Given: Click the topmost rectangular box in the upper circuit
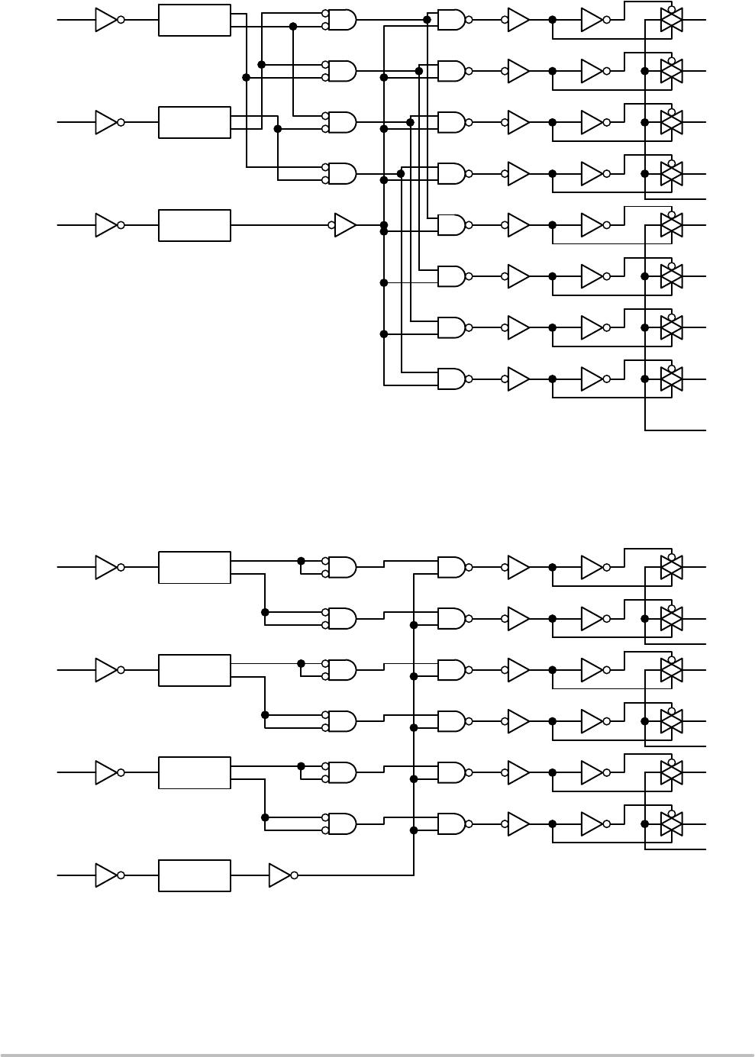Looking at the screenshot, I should [194, 20].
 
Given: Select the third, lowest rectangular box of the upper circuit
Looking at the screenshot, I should [194, 225].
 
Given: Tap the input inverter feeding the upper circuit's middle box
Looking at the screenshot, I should [106, 122].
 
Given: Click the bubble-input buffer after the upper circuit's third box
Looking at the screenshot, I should [345, 225].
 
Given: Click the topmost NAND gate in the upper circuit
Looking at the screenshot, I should [451, 20].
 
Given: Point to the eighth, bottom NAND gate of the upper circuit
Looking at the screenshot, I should [451, 379].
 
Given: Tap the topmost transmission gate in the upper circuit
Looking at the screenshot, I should [671, 20].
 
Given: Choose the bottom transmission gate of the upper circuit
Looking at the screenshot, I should [671, 379].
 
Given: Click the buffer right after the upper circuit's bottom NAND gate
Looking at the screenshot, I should [518, 379].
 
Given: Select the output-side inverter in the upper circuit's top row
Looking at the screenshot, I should [592, 20].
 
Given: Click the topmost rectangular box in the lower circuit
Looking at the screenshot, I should [194, 567].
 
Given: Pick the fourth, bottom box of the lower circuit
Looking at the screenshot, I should [194, 875].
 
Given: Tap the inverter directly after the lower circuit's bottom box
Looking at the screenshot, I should [280, 875].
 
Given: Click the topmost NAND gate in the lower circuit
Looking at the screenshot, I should [451, 567].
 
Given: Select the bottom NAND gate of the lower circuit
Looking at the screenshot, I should [451, 824].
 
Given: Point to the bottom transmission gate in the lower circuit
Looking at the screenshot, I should [671, 824].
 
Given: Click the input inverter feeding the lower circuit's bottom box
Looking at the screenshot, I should [106, 875].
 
